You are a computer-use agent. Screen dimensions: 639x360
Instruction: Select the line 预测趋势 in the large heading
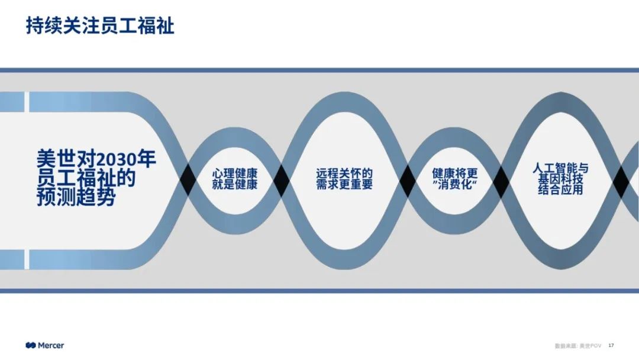[x=76, y=197]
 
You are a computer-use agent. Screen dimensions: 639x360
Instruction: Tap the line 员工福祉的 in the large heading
[x=86, y=178]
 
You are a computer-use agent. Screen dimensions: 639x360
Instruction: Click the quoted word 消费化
[x=454, y=185]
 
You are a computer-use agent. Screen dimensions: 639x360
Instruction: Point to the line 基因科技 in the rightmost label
[x=560, y=179]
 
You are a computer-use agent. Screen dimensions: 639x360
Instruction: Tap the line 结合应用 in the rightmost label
[x=560, y=190]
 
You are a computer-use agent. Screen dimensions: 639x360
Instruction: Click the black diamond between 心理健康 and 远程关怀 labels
[x=280, y=181]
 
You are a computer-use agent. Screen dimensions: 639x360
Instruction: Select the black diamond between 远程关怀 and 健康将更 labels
[x=407, y=181]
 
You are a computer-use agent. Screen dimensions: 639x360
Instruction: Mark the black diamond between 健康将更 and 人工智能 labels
[x=501, y=181]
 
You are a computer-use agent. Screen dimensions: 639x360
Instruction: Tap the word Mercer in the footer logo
[x=51, y=345]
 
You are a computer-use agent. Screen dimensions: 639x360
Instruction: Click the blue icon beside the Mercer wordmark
[x=31, y=345]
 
